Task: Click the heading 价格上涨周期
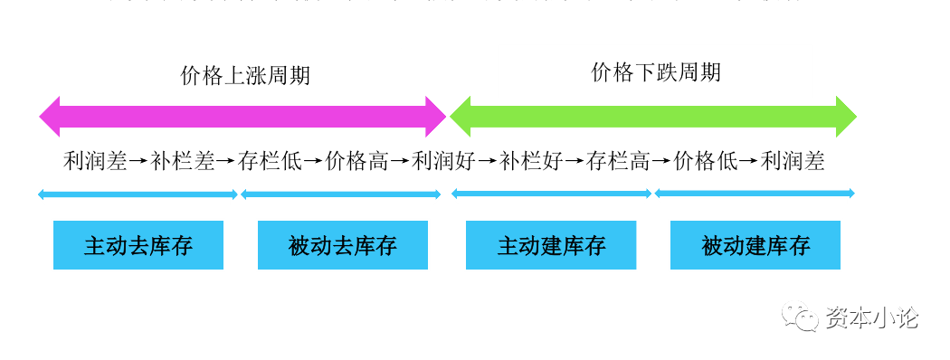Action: [245, 75]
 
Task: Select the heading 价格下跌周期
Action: [656, 72]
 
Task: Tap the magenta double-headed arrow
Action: [242, 115]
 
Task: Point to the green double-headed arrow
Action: [652, 115]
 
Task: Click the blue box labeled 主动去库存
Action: [138, 245]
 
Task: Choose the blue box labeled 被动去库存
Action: [343, 245]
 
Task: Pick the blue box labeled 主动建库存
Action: [551, 245]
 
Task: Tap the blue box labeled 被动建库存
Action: [755, 245]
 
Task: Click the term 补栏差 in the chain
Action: [183, 162]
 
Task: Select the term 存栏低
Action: [270, 162]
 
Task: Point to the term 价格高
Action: [356, 162]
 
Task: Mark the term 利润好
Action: [443, 162]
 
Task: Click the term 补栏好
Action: [531, 162]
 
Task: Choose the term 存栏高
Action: [619, 162]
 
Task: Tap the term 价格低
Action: [706, 162]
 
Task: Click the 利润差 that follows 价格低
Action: [793, 162]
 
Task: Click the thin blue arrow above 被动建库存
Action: [755, 193]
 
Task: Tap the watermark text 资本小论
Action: [871, 317]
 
